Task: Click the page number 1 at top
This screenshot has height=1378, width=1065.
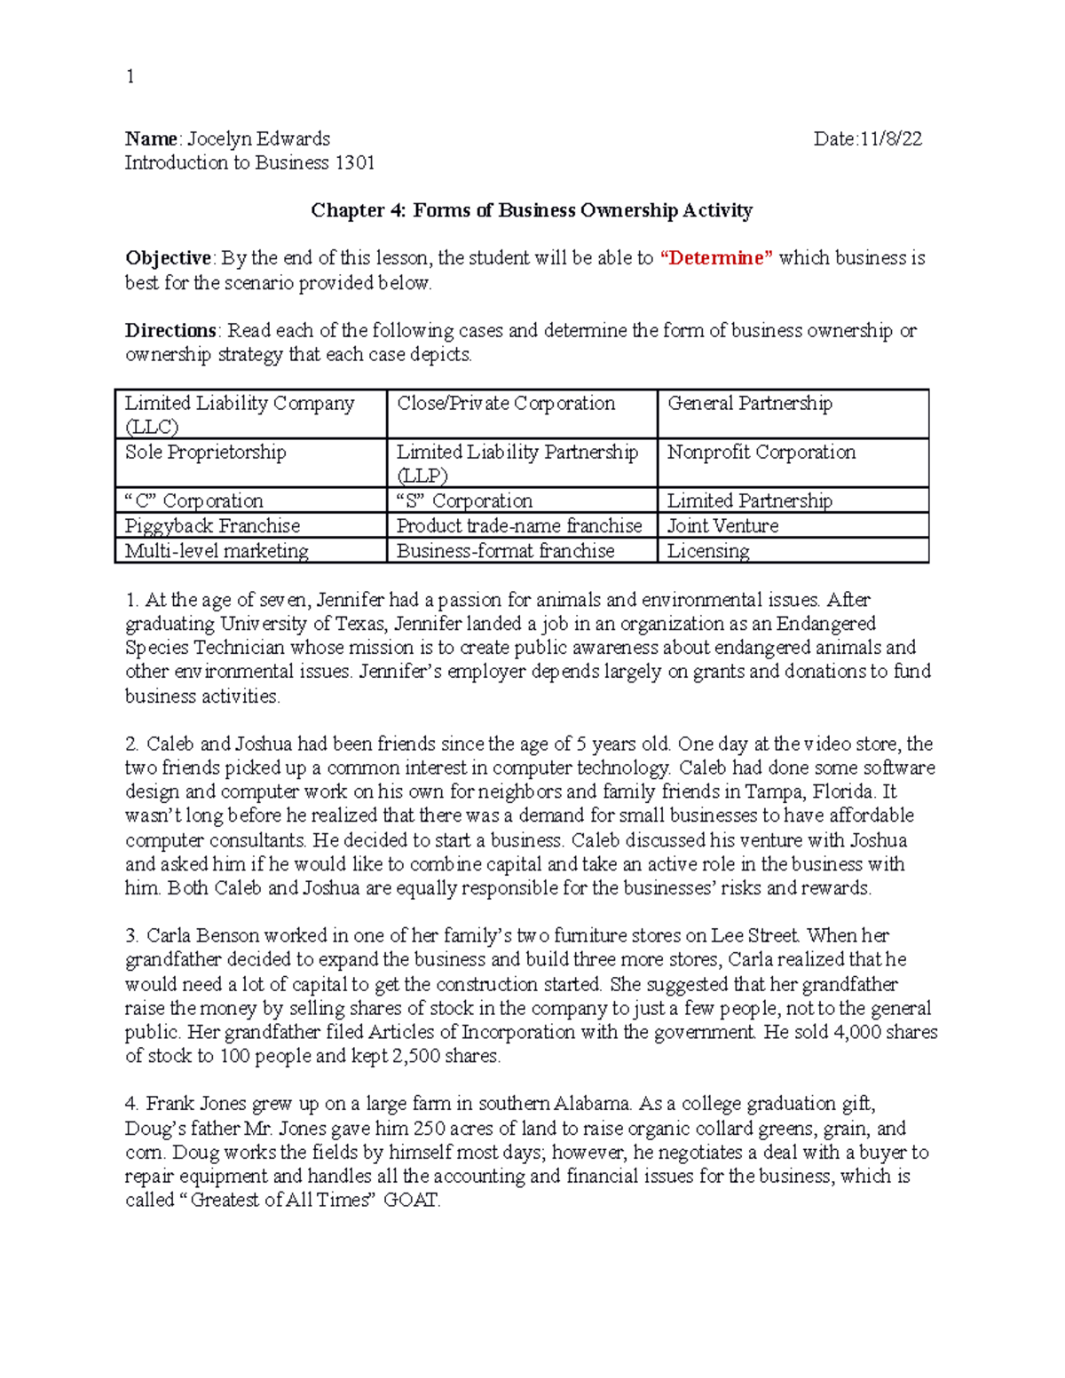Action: pos(130,77)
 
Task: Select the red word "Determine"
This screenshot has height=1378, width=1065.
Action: pos(717,258)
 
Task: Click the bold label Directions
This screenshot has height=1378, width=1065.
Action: pos(170,331)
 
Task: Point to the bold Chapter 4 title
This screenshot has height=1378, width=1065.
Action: pos(531,210)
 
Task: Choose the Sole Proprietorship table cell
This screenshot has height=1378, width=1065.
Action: pos(206,453)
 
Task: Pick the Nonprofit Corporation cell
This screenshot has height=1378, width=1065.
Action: pos(761,453)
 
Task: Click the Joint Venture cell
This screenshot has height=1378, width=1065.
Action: pos(722,525)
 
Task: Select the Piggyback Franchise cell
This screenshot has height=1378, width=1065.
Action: pos(212,525)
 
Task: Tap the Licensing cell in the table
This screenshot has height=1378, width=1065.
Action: pos(707,551)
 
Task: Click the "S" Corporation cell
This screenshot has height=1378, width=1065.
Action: pos(464,500)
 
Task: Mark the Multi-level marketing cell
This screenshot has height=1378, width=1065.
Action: pos(217,551)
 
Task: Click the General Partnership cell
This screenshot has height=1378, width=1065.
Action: pos(749,404)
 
